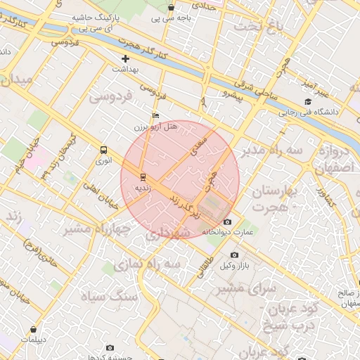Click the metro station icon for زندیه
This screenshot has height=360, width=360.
click(x=143, y=176)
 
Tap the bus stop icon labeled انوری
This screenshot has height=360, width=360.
click(x=104, y=150)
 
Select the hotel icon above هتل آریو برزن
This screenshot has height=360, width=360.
click(x=155, y=116)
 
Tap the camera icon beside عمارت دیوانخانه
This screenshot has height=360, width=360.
click(x=227, y=221)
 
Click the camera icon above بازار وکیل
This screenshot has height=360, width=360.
click(x=234, y=255)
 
